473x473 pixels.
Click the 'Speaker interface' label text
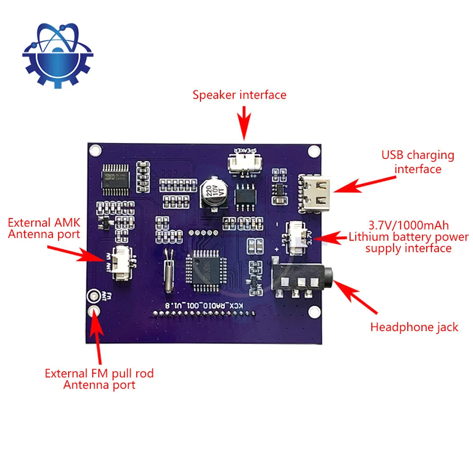(239, 95)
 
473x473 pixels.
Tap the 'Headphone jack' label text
(414, 327)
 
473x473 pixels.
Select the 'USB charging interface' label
(418, 162)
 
